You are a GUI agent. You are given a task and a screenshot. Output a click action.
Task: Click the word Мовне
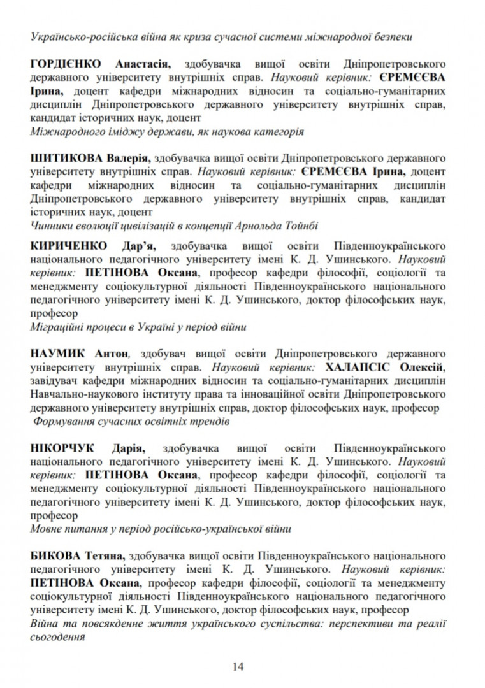tap(47, 528)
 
